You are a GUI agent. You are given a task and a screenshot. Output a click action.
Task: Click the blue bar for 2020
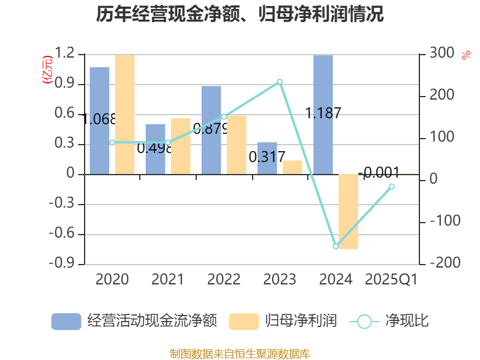(100, 120)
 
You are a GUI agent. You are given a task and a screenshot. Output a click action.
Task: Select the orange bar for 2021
(180, 146)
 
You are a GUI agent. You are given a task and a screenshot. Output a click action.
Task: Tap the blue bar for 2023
(267, 158)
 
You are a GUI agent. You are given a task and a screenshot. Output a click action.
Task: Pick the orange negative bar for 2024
(348, 211)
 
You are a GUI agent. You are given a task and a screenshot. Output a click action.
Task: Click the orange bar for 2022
(236, 144)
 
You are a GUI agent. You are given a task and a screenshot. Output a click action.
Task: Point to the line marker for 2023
(280, 82)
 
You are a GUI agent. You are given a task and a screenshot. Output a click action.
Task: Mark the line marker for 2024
(336, 247)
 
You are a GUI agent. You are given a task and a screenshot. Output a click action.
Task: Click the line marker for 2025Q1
(392, 187)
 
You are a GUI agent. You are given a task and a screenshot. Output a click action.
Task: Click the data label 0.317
(267, 157)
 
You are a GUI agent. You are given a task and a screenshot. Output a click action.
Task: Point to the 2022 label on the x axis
(224, 280)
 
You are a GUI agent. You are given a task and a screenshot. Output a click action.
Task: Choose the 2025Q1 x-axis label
(391, 280)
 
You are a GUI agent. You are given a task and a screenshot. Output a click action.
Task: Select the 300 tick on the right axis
(441, 54)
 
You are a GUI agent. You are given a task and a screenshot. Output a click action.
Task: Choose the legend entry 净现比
(390, 321)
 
